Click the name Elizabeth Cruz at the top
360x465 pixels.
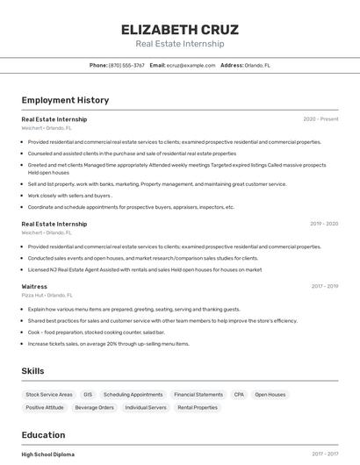click(180, 30)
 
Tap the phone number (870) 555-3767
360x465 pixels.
click(126, 65)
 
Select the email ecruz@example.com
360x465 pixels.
click(191, 65)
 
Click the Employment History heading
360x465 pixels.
click(65, 100)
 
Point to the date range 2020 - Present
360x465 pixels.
click(320, 119)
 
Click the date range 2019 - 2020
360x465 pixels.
click(324, 224)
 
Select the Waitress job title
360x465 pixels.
click(34, 286)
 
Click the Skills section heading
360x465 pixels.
click(33, 371)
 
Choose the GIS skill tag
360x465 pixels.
click(89, 395)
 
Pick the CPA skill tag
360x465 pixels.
click(239, 395)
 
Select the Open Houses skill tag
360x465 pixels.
click(270, 395)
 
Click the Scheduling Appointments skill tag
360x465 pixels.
click(133, 395)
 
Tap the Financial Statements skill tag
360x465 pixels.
click(198, 395)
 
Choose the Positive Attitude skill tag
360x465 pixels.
click(45, 407)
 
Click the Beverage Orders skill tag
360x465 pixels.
click(94, 407)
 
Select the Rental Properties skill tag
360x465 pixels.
click(198, 407)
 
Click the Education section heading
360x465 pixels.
click(43, 435)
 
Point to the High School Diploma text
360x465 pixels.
click(48, 454)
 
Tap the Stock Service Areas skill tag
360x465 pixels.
click(48, 395)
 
